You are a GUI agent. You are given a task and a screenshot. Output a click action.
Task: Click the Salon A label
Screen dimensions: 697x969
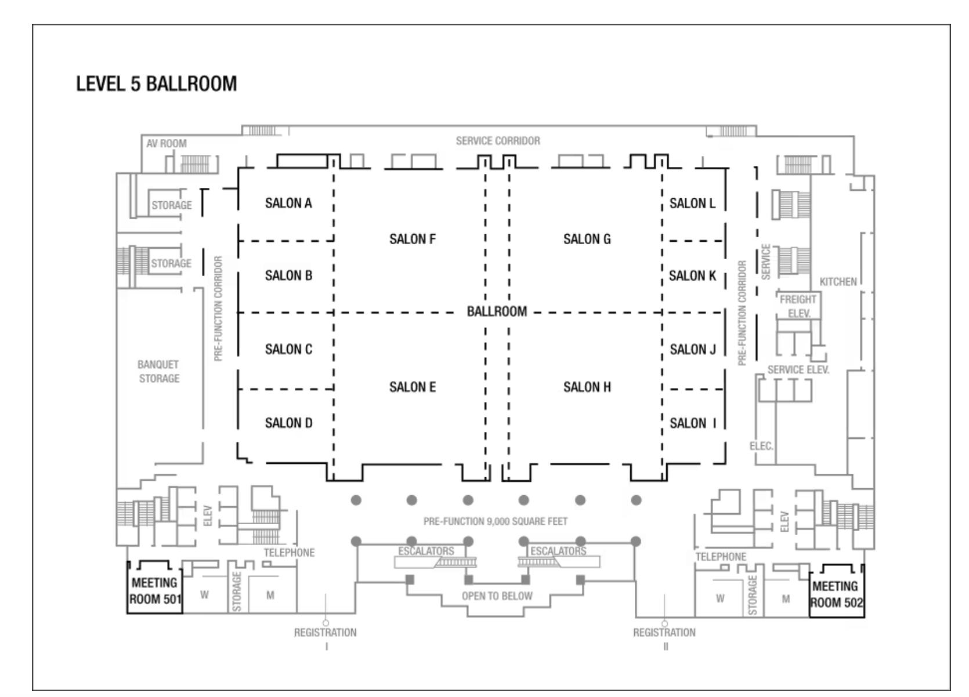click(x=288, y=203)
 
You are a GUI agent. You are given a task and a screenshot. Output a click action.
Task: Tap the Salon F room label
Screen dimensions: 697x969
click(x=412, y=239)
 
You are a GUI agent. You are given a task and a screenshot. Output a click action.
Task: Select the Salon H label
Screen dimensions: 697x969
click(x=587, y=387)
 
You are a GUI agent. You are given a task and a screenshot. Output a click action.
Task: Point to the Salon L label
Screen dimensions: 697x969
click(x=692, y=203)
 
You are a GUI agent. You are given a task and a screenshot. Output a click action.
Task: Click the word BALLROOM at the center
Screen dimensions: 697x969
click(x=497, y=311)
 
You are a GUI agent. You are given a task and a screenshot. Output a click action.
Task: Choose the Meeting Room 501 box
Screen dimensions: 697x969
click(x=155, y=590)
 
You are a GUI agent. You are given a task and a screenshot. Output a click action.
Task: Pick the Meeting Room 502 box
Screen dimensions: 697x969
click(x=836, y=594)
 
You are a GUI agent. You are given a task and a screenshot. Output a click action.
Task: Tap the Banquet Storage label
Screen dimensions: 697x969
click(x=159, y=371)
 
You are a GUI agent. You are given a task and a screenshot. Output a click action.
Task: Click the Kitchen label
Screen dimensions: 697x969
click(x=838, y=282)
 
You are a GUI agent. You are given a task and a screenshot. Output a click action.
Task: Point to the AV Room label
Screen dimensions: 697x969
click(x=167, y=143)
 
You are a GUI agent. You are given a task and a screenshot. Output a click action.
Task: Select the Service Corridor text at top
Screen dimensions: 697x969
click(x=498, y=140)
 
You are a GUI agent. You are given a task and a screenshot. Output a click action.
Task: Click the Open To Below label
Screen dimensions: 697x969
click(x=497, y=596)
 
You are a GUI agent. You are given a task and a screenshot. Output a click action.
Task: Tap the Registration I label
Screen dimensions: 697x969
click(x=326, y=633)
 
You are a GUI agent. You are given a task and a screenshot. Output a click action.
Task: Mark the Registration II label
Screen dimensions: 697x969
click(x=664, y=633)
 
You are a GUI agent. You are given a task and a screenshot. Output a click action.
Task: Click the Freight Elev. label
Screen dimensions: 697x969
click(x=798, y=306)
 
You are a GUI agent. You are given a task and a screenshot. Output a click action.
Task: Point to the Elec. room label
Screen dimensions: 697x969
click(x=761, y=446)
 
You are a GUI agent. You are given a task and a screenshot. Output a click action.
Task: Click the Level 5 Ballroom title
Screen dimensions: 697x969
click(x=157, y=84)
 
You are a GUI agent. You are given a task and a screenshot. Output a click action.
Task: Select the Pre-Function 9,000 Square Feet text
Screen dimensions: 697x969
click(x=496, y=521)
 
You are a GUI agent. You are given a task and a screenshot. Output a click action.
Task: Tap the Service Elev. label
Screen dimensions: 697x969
click(x=798, y=369)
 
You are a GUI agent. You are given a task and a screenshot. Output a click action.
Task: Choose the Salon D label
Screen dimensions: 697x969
click(x=288, y=423)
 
